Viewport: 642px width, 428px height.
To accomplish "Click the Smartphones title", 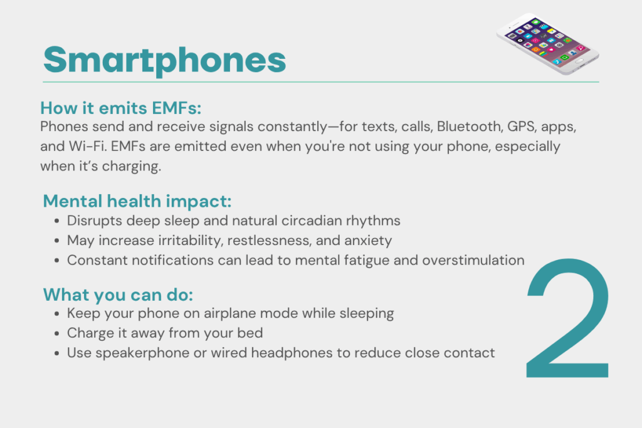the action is [165, 61].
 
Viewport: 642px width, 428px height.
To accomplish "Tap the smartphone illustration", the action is [548, 43].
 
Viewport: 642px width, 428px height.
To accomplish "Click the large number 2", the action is [568, 318].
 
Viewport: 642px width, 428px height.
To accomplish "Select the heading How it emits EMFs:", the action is [121, 108].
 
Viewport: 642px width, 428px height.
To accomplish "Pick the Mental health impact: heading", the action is [137, 201].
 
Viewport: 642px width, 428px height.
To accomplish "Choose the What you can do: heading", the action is [118, 295].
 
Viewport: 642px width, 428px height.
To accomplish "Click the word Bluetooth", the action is [470, 127].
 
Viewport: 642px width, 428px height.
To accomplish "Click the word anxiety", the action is [368, 241].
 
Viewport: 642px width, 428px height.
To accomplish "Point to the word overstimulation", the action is [473, 260].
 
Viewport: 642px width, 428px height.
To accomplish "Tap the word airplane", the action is [229, 313].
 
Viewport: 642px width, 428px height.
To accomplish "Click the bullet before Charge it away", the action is [57, 333].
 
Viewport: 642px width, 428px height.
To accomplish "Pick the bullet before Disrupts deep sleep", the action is [57, 221].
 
